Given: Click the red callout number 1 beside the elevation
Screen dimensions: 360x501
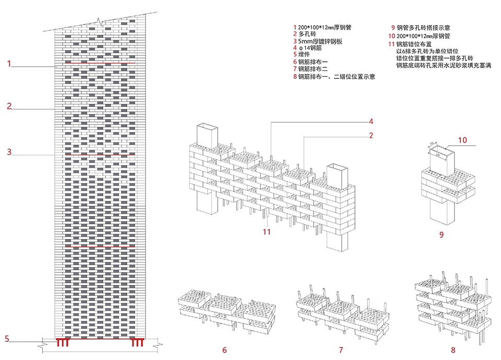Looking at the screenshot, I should point(9,64).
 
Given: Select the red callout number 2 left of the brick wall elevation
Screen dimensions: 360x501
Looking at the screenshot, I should point(9,106).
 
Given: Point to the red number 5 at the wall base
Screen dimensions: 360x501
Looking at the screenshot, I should point(7,338).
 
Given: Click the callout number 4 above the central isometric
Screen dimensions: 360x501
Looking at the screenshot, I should point(371,122).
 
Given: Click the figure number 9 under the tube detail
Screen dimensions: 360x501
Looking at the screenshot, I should point(442,235).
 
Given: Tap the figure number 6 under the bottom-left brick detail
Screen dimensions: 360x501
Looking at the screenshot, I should point(224,350).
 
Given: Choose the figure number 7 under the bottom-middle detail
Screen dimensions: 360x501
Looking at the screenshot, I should point(340,350).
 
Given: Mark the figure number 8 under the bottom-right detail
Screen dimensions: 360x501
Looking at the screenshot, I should point(449,350).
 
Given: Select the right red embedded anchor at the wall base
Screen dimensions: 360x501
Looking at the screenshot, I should point(137,343).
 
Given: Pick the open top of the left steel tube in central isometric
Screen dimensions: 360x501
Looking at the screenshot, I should point(207,127).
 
